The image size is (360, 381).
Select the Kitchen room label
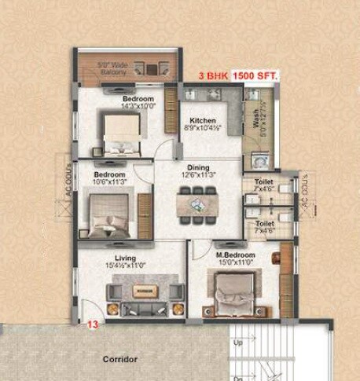click(x=203, y=121)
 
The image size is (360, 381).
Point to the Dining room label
click(x=197, y=167)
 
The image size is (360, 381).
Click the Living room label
click(x=125, y=258)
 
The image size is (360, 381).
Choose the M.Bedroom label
click(x=235, y=256)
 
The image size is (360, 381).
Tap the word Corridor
click(x=120, y=358)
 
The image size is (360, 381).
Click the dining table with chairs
click(x=197, y=204)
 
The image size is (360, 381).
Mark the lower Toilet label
click(x=264, y=223)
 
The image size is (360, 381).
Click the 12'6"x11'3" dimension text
click(x=197, y=175)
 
